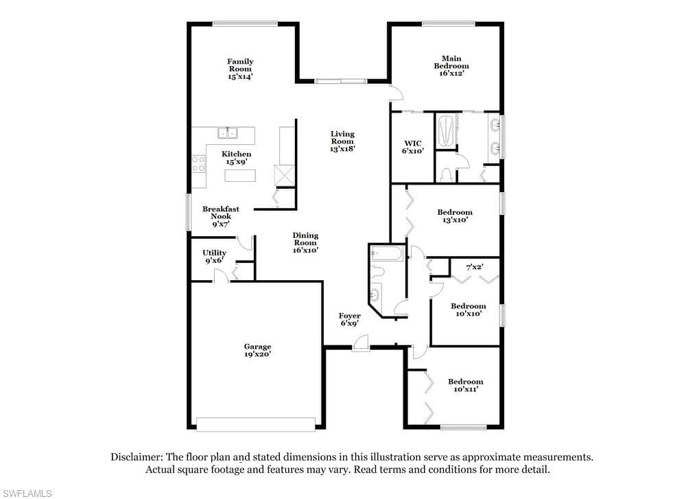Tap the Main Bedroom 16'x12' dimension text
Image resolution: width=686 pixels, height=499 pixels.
tap(451, 73)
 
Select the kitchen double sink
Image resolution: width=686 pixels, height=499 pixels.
tap(228, 132)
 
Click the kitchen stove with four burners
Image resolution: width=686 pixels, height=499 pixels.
tap(198, 164)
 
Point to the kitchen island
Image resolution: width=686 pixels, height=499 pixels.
tap(240, 176)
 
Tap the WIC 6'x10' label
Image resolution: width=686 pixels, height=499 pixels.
tap(413, 147)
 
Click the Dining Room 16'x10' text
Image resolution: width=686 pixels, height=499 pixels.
tap(305, 243)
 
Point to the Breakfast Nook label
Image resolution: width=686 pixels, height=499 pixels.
tap(221, 213)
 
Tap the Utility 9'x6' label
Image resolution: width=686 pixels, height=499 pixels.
tap(214, 257)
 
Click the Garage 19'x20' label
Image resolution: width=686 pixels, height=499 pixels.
tap(258, 350)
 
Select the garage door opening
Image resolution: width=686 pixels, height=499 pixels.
tap(256, 424)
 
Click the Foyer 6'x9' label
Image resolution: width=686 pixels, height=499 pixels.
tap(350, 320)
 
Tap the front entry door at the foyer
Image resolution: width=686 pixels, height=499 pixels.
tap(361, 343)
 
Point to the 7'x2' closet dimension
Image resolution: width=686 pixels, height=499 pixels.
tap(474, 266)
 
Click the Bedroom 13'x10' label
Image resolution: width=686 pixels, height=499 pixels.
tap(455, 216)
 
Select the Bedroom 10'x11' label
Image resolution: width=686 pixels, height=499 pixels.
tap(466, 385)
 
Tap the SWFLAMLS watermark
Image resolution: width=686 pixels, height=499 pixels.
tap(26, 494)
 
